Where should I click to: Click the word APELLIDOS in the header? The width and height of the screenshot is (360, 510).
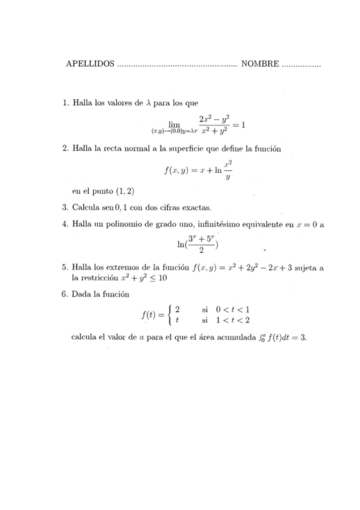[x=90, y=64]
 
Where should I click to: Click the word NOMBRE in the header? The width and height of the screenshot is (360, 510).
[x=260, y=64]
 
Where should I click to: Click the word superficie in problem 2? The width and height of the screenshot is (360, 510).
[x=189, y=148]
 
